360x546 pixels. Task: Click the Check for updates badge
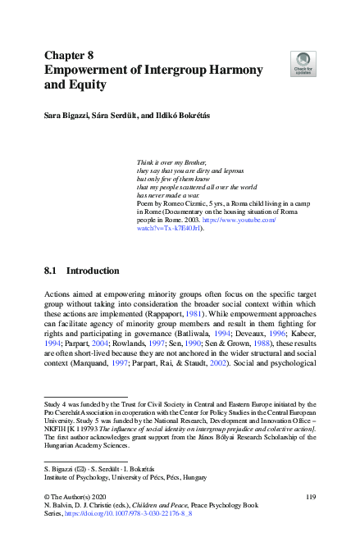pyautogui.click(x=303, y=61)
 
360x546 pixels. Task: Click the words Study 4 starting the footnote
pyautogui.click(x=56, y=404)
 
